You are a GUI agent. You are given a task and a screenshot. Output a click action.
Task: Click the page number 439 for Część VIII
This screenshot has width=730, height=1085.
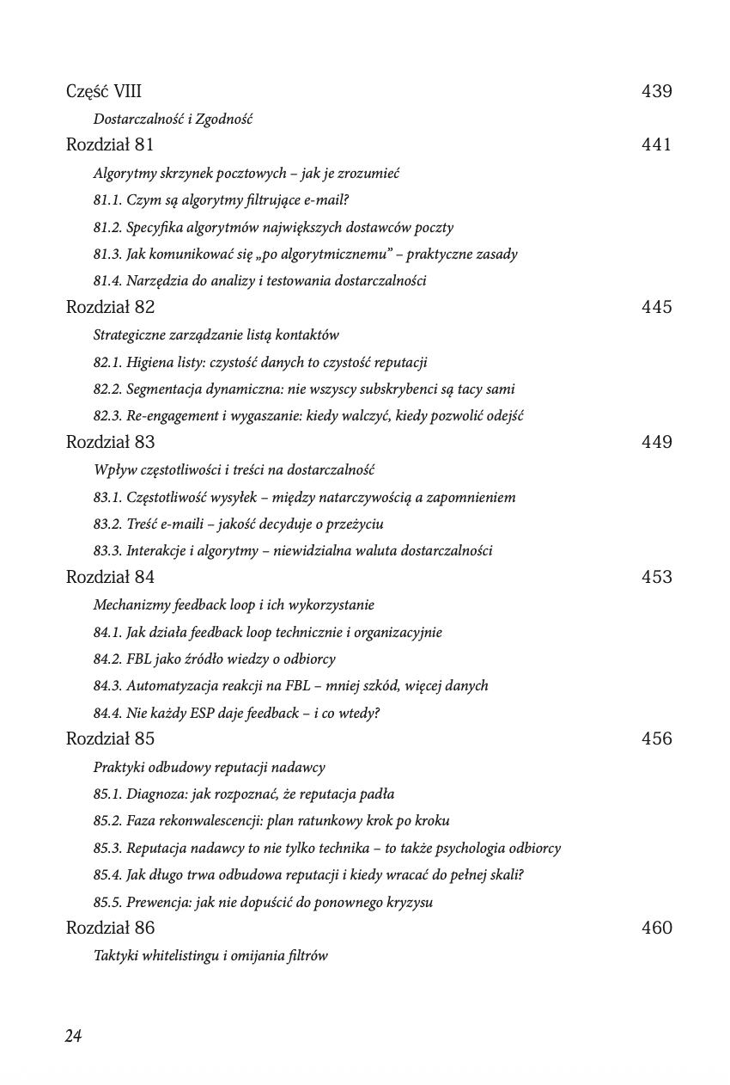point(656,91)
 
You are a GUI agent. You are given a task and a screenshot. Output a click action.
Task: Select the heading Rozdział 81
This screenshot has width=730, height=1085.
point(110,145)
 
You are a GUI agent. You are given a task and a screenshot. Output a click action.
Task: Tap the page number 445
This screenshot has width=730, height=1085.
point(656,307)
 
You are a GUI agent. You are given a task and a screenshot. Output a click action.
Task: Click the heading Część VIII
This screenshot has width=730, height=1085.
point(104,91)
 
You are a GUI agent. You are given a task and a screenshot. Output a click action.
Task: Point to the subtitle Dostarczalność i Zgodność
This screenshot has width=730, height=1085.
point(173,120)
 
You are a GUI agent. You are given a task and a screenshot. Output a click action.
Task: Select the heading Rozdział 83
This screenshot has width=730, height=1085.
point(110,443)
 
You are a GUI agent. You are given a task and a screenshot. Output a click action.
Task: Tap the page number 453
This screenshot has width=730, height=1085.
point(656,577)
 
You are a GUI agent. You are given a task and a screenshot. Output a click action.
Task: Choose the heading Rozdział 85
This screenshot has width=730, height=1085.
point(110,739)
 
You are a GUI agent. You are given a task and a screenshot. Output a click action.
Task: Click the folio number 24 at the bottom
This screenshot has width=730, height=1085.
point(73,1036)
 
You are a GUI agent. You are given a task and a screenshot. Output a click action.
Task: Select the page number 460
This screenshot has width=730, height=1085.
point(656,928)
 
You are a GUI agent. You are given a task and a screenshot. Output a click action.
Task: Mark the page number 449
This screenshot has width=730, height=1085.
point(656,442)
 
